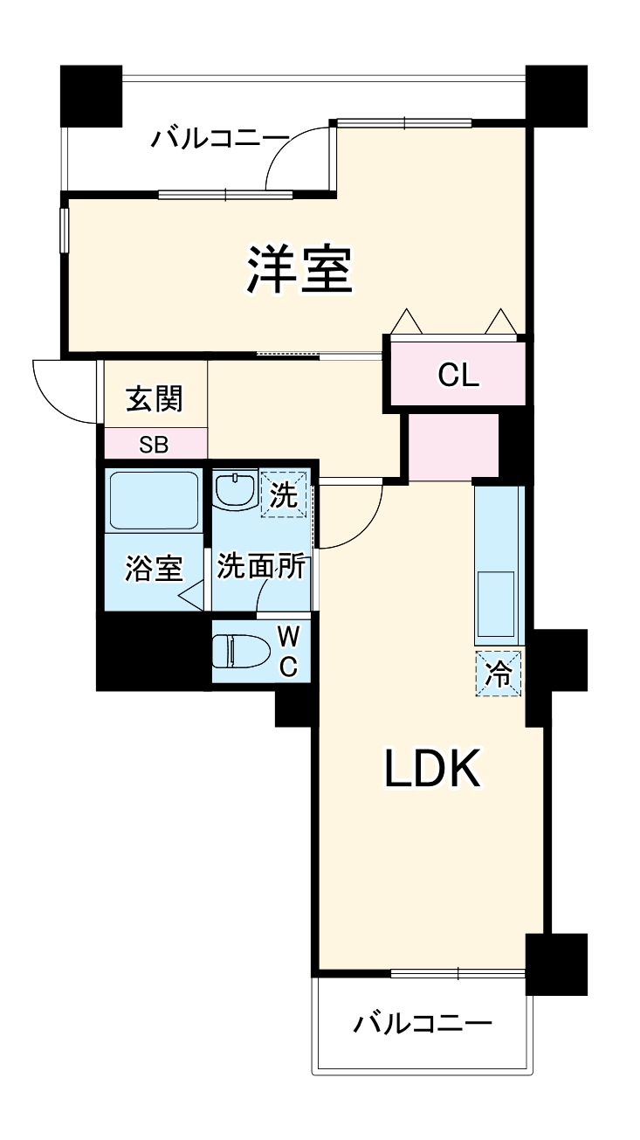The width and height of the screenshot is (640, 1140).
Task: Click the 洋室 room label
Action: (x=299, y=270)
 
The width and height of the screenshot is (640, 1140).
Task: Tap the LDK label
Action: (x=433, y=770)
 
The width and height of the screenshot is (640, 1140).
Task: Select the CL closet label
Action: (x=458, y=376)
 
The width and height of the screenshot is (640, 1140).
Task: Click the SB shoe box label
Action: (x=155, y=444)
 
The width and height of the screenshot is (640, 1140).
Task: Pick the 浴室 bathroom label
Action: (x=154, y=569)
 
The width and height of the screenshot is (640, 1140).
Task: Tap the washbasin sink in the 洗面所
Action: (x=234, y=491)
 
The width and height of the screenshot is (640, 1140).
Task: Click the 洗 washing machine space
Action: (x=285, y=496)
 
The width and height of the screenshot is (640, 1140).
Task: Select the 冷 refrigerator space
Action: (x=499, y=674)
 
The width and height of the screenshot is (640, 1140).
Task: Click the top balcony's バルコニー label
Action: (x=220, y=139)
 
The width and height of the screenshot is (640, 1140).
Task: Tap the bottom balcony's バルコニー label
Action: (x=423, y=1023)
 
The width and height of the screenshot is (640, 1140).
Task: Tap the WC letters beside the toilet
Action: (x=288, y=651)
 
